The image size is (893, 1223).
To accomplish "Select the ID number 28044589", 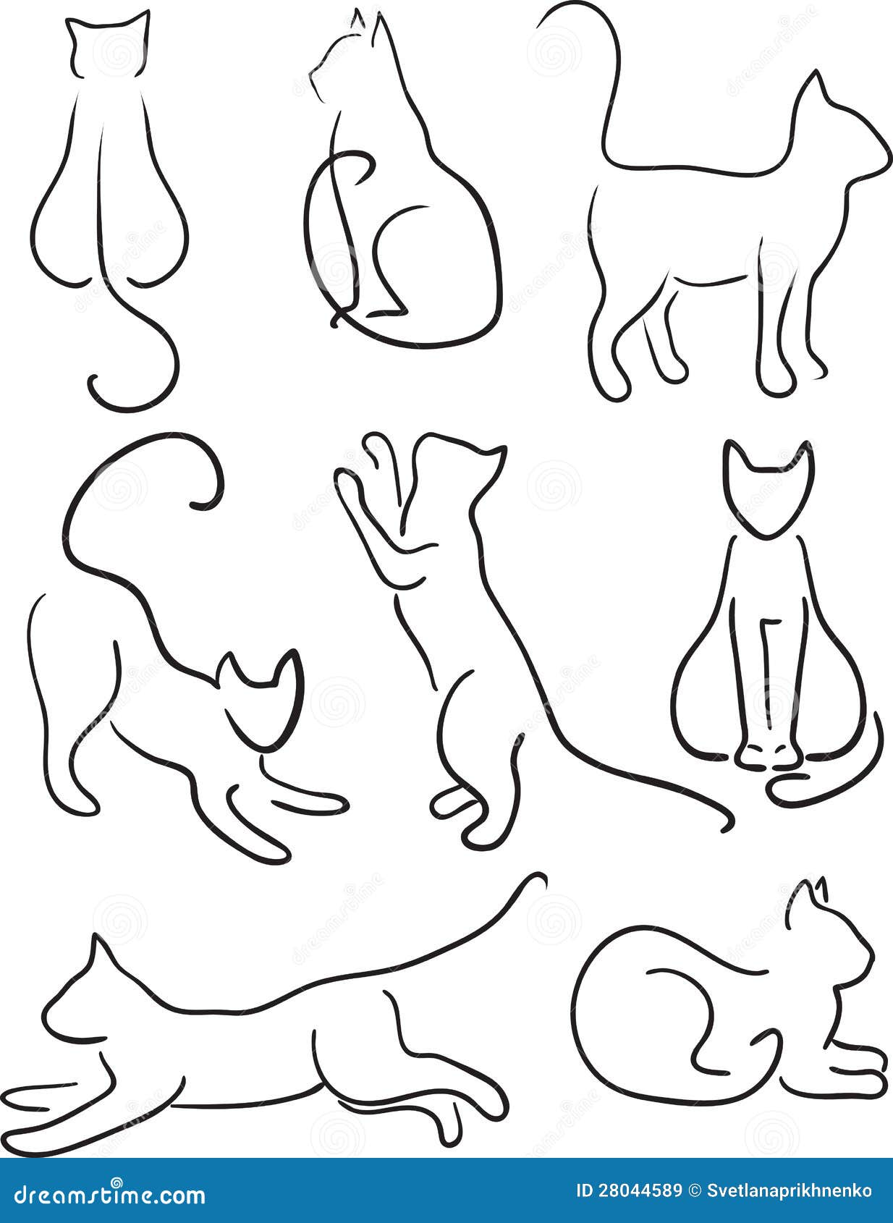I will tap(629, 1191).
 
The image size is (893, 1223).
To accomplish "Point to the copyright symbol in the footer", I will tap(695, 1191).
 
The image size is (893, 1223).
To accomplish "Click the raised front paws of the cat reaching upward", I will tap(373, 463).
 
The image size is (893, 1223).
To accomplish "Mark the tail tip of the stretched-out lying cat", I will tap(539, 879).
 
